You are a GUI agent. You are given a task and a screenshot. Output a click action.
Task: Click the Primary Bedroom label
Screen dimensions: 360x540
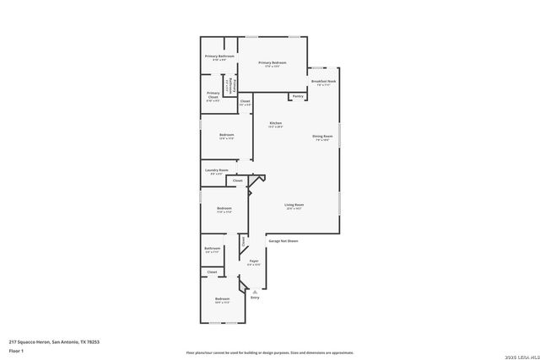pyautogui.click(x=273, y=63)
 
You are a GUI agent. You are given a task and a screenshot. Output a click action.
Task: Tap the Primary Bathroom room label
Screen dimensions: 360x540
pyautogui.click(x=219, y=56)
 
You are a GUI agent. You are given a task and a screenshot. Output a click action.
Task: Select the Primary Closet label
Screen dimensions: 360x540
pyautogui.click(x=213, y=94)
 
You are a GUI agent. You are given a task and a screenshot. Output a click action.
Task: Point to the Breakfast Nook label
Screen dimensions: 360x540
pyautogui.click(x=324, y=82)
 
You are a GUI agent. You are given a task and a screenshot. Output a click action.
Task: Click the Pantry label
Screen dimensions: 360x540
pyautogui.click(x=298, y=96)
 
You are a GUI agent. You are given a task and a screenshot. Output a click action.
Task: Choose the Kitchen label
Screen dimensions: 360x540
pyautogui.click(x=276, y=123)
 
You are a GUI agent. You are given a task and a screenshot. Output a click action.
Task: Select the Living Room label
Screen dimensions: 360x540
pyautogui.click(x=294, y=205)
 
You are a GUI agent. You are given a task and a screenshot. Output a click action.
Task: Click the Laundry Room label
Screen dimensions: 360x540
pyautogui.click(x=217, y=170)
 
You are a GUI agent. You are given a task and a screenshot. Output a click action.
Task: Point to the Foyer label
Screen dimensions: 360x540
pyautogui.click(x=253, y=261)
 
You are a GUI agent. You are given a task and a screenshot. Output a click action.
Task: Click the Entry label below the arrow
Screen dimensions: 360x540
pyautogui.click(x=255, y=298)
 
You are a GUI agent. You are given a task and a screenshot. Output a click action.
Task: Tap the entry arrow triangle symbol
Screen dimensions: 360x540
pyautogui.click(x=255, y=289)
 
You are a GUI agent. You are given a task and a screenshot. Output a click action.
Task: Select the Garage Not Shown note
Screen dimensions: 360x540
pyautogui.click(x=283, y=241)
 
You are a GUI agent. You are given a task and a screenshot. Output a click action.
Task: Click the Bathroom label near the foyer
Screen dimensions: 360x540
pyautogui.click(x=213, y=248)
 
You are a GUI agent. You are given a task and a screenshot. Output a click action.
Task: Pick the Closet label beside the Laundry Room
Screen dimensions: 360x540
pyautogui.click(x=238, y=180)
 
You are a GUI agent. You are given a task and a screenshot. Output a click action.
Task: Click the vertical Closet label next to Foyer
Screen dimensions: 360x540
pyautogui.click(x=244, y=241)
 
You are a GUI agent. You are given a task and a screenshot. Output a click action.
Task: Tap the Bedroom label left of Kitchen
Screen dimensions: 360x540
pyautogui.click(x=226, y=135)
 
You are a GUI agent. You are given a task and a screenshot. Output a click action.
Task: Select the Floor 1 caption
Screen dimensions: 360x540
pyautogui.click(x=14, y=350)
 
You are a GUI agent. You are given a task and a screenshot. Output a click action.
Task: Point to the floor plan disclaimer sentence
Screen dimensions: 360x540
pyautogui.click(x=269, y=352)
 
